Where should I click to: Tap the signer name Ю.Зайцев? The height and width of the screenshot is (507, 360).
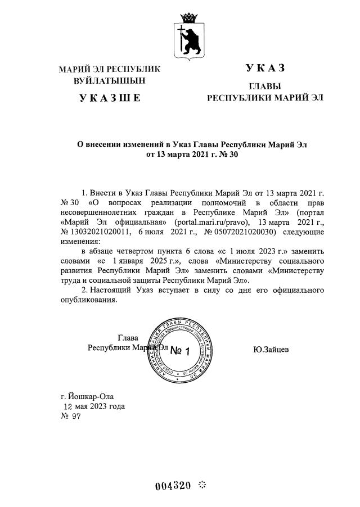click(271, 349)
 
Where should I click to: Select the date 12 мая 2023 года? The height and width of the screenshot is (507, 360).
click(93, 406)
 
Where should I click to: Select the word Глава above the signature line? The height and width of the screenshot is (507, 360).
click(128, 338)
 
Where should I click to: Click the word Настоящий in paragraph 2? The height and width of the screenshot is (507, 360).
click(111, 289)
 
